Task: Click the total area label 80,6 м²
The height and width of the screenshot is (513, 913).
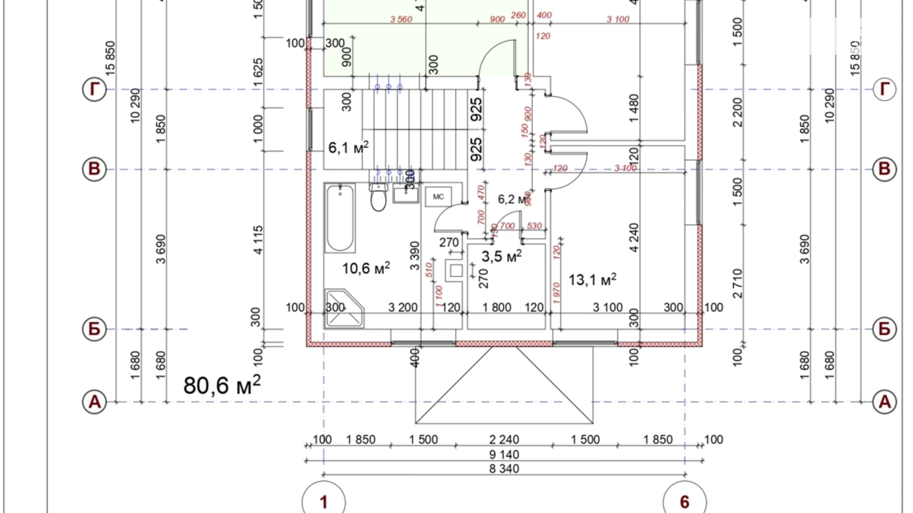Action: pos(222,385)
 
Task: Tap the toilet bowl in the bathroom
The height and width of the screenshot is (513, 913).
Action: pos(379,198)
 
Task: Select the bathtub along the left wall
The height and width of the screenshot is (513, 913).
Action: pos(340,218)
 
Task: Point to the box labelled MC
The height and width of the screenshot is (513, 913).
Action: pos(438,197)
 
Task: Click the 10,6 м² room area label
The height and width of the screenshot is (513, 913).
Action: pos(366,268)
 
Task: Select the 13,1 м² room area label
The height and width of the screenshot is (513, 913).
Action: pos(592,280)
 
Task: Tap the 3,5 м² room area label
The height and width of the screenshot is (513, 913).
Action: pos(501,256)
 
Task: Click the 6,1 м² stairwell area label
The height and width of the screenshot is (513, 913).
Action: pos(348,147)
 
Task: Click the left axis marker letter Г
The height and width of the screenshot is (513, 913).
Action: pos(94,89)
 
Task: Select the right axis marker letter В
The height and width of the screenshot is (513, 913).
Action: pos(884,169)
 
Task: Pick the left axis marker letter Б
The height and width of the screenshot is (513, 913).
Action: pos(94,329)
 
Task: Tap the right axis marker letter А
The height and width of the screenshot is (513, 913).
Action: pos(884,402)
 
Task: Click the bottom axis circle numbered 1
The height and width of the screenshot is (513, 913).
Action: pos(324,502)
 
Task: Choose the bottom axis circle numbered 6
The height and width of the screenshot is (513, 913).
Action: pos(685,502)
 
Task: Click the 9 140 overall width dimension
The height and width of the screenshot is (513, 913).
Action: pos(504,454)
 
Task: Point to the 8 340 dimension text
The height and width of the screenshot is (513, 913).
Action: pos(504,469)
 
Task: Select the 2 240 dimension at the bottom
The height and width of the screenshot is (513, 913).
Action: pos(504,440)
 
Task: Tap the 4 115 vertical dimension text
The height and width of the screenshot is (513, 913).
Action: pos(258,240)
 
